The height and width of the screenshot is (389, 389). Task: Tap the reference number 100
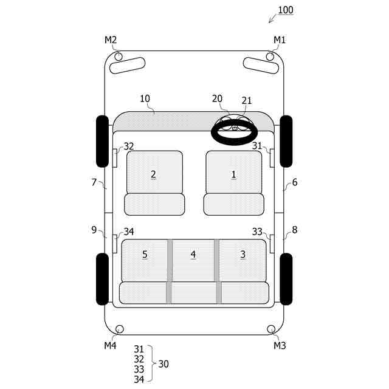click(286, 10)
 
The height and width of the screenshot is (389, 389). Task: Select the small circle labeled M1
click(270, 57)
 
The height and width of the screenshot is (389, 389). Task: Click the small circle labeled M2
click(119, 57)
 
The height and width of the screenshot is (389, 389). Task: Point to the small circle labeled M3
click(271, 329)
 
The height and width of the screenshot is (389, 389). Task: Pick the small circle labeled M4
click(120, 329)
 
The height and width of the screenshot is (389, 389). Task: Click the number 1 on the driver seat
click(233, 174)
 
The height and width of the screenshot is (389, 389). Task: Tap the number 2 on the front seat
click(153, 174)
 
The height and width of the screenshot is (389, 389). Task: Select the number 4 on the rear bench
click(193, 254)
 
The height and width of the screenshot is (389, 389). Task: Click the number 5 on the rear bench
click(145, 254)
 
